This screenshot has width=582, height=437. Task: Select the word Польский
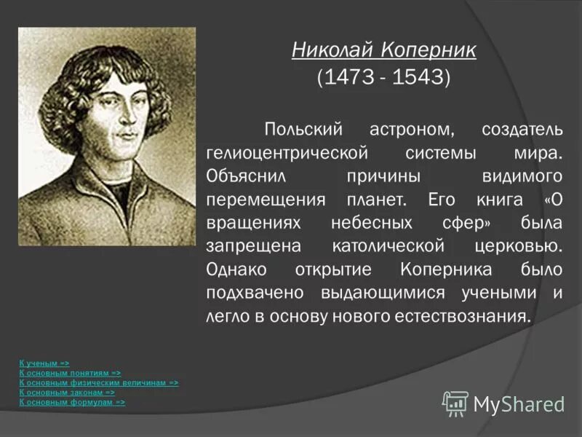point(302,130)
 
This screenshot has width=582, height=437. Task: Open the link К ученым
point(44,363)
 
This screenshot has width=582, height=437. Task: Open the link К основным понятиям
point(70,372)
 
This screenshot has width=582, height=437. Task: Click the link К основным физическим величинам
point(98,382)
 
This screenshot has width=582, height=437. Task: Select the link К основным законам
point(66,392)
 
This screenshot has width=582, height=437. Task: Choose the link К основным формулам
point(72,401)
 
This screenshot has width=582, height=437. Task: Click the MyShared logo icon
point(455,403)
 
